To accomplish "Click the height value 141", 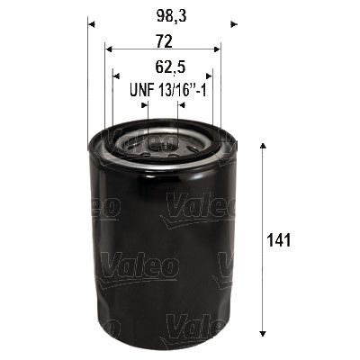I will pyautogui.click(x=281, y=240).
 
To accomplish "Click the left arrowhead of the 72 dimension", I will pyautogui.click(x=108, y=50).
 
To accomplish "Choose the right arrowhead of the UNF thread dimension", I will pyautogui.click(x=181, y=104).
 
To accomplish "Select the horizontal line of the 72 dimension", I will pyautogui.click(x=163, y=50).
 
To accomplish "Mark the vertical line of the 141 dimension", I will pyautogui.click(x=261, y=239).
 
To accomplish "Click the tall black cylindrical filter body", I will pyautogui.click(x=162, y=252).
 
